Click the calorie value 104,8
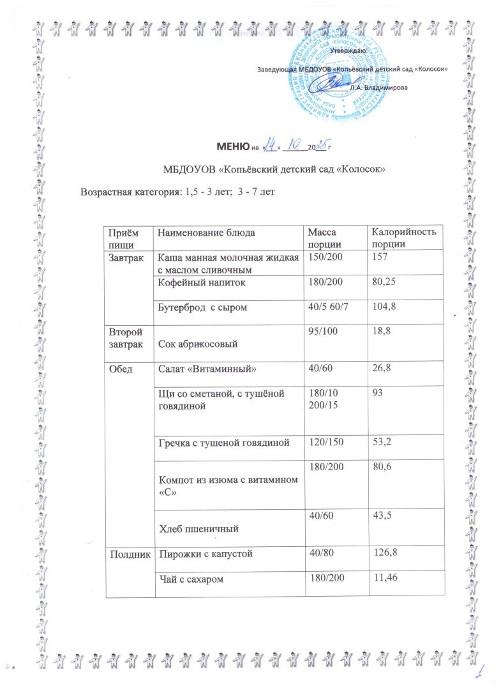[x=383, y=307]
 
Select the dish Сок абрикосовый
[x=198, y=344]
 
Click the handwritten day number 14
[x=271, y=146]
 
